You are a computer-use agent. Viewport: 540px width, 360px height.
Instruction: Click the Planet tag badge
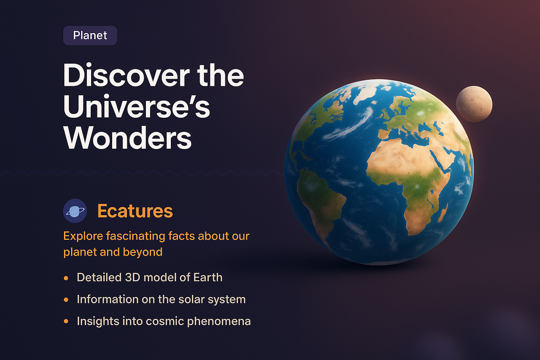pyautogui.click(x=90, y=36)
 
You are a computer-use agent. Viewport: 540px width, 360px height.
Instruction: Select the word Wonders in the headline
pyautogui.click(x=128, y=138)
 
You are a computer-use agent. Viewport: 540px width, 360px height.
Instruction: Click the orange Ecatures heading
pyautogui.click(x=135, y=211)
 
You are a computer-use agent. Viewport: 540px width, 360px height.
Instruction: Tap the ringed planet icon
pyautogui.click(x=75, y=211)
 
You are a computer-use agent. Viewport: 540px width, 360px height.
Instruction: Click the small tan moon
pyautogui.click(x=474, y=104)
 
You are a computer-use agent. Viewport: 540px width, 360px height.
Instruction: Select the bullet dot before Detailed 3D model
pyautogui.click(x=66, y=278)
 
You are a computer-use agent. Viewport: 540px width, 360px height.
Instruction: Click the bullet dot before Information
pyautogui.click(x=66, y=300)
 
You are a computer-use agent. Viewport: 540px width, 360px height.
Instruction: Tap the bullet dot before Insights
pyautogui.click(x=66, y=321)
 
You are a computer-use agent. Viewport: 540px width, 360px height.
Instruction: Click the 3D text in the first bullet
pyautogui.click(x=133, y=277)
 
